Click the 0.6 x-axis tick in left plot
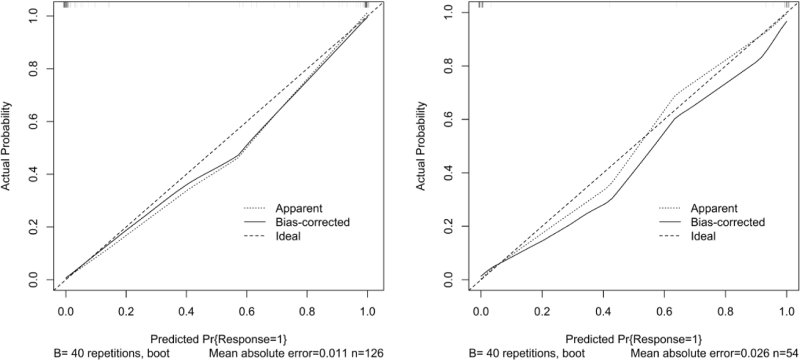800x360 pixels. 247,310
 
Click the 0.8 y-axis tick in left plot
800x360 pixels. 33,69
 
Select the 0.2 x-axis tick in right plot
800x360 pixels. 542,310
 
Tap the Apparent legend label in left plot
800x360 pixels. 298,208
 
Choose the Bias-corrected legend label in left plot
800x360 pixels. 312,222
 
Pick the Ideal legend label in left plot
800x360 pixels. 288,236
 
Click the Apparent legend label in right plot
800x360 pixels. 714,208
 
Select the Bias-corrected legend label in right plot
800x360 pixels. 728,222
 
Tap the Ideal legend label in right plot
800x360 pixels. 703,236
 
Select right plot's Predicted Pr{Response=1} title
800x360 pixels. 634,339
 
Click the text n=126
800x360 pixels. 371,353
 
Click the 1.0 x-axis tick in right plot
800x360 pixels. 786,310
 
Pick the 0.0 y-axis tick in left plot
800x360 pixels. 33,279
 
